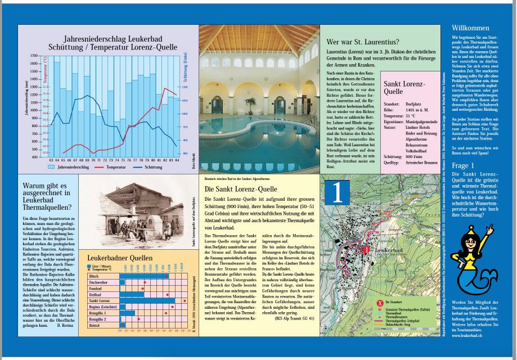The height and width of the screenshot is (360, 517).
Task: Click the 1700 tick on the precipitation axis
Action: (x=34, y=56)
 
